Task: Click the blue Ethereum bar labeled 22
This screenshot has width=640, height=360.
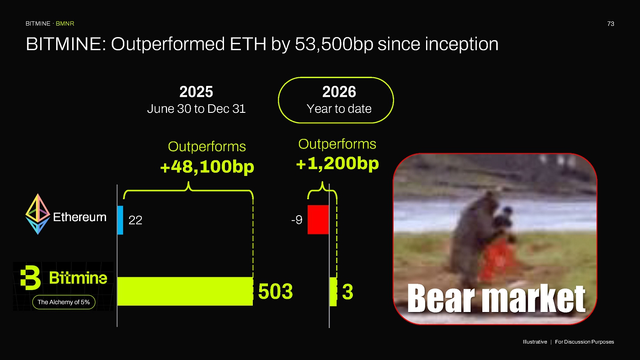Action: (x=120, y=220)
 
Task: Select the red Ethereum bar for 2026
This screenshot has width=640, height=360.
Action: (x=318, y=220)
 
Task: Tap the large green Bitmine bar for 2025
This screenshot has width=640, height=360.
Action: (x=185, y=291)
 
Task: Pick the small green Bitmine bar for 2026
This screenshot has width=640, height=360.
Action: (x=333, y=292)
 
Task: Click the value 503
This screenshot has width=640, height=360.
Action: (x=275, y=291)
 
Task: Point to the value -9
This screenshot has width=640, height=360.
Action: (x=297, y=220)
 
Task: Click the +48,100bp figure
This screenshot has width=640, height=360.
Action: (x=207, y=166)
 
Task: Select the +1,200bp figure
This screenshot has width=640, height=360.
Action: (x=337, y=163)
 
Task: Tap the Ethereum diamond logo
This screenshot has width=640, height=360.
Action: (x=37, y=214)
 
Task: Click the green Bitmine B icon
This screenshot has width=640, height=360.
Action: (x=30, y=278)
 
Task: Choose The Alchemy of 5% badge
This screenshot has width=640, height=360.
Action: (x=64, y=302)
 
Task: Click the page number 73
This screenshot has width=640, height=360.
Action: (x=611, y=24)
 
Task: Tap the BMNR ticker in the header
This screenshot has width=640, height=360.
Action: (x=65, y=24)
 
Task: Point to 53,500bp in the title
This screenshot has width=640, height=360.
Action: (x=334, y=44)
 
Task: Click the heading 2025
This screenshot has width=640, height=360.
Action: (x=196, y=92)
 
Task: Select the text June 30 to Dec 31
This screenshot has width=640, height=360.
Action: (x=196, y=109)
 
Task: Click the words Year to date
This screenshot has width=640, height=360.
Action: (x=339, y=109)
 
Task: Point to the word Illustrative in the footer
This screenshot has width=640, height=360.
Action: (x=535, y=342)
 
